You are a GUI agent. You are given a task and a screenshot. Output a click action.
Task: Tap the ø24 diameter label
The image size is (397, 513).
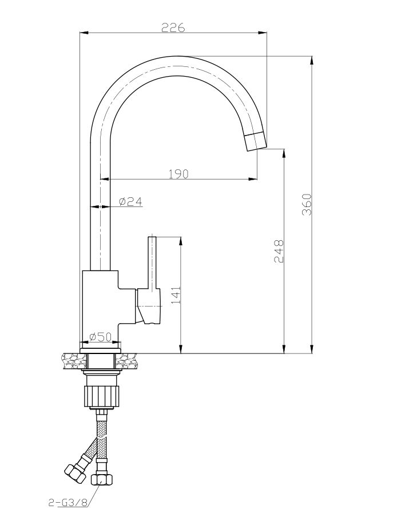[130, 201]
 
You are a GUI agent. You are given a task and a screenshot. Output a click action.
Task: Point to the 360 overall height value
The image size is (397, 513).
[306, 204]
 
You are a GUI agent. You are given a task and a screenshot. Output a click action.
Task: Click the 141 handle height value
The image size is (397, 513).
[176, 295]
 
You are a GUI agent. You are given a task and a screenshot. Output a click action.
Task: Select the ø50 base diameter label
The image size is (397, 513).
[100, 337]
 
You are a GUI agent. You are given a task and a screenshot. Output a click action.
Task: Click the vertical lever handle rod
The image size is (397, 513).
[152, 261]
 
